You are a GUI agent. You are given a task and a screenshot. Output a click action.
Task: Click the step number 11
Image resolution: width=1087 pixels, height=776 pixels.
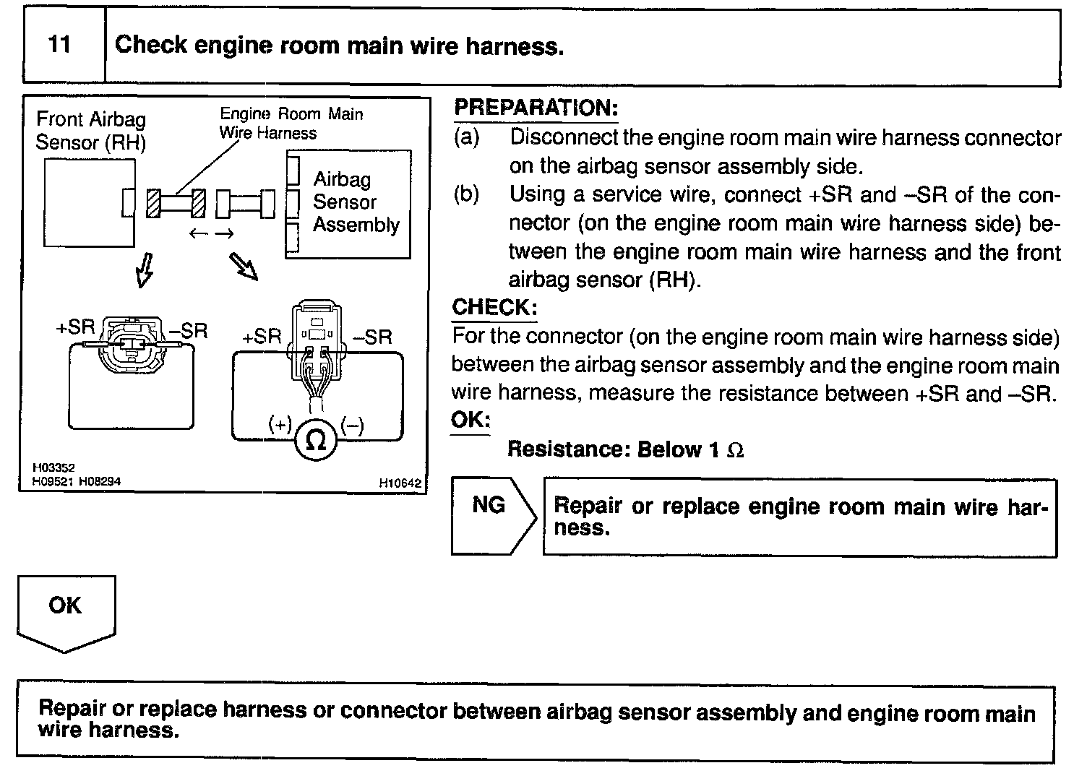coord(60,45)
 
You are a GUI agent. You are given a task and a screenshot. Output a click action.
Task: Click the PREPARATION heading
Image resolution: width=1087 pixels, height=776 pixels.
coord(536,108)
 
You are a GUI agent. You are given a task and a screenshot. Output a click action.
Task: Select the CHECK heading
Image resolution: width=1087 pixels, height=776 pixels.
coord(494,307)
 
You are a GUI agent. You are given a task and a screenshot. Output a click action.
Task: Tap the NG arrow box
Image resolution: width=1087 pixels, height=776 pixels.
coord(489,515)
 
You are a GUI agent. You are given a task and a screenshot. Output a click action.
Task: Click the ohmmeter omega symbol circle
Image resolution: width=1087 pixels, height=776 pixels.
coord(316,440)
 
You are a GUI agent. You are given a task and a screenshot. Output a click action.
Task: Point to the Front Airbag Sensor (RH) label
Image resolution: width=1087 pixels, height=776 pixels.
coord(90,130)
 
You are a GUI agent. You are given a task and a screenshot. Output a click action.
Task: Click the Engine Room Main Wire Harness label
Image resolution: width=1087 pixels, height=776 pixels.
coord(291,123)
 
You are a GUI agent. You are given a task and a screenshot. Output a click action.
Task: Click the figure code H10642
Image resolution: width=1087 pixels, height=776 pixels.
coord(400,483)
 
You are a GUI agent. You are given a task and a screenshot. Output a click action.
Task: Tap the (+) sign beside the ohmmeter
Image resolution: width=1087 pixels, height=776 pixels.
coord(279,424)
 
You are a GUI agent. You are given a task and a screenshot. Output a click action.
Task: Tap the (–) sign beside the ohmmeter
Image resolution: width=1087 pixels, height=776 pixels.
coord(353,424)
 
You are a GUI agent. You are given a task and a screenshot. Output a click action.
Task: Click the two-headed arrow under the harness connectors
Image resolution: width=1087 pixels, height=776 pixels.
coord(211,233)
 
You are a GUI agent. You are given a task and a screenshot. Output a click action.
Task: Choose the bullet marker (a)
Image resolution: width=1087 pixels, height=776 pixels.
coord(466,137)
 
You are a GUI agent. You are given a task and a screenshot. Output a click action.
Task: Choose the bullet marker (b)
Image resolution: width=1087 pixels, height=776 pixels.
coord(466,194)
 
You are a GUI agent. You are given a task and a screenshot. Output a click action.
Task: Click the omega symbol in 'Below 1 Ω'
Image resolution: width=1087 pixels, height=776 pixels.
coord(734,450)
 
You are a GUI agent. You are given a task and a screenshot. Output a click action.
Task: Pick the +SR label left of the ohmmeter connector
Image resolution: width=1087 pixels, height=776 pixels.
coord(261,337)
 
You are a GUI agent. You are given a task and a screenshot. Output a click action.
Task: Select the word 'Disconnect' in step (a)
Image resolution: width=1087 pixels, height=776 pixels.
coord(563,137)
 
